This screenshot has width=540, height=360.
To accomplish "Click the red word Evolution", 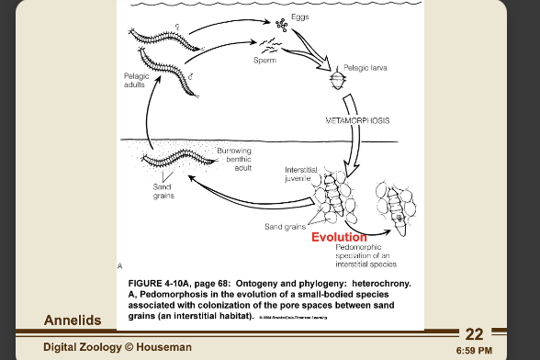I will [x=339, y=237].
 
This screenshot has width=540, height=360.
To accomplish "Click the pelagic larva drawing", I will [x=336, y=81].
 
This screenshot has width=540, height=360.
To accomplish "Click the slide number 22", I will [x=474, y=333].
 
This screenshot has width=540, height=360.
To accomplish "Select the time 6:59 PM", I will [x=473, y=350].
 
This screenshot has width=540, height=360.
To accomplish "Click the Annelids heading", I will [x=73, y=320].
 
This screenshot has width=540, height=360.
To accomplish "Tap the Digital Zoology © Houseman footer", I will [x=118, y=346].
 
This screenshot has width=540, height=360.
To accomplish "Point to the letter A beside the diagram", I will [x=119, y=264].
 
